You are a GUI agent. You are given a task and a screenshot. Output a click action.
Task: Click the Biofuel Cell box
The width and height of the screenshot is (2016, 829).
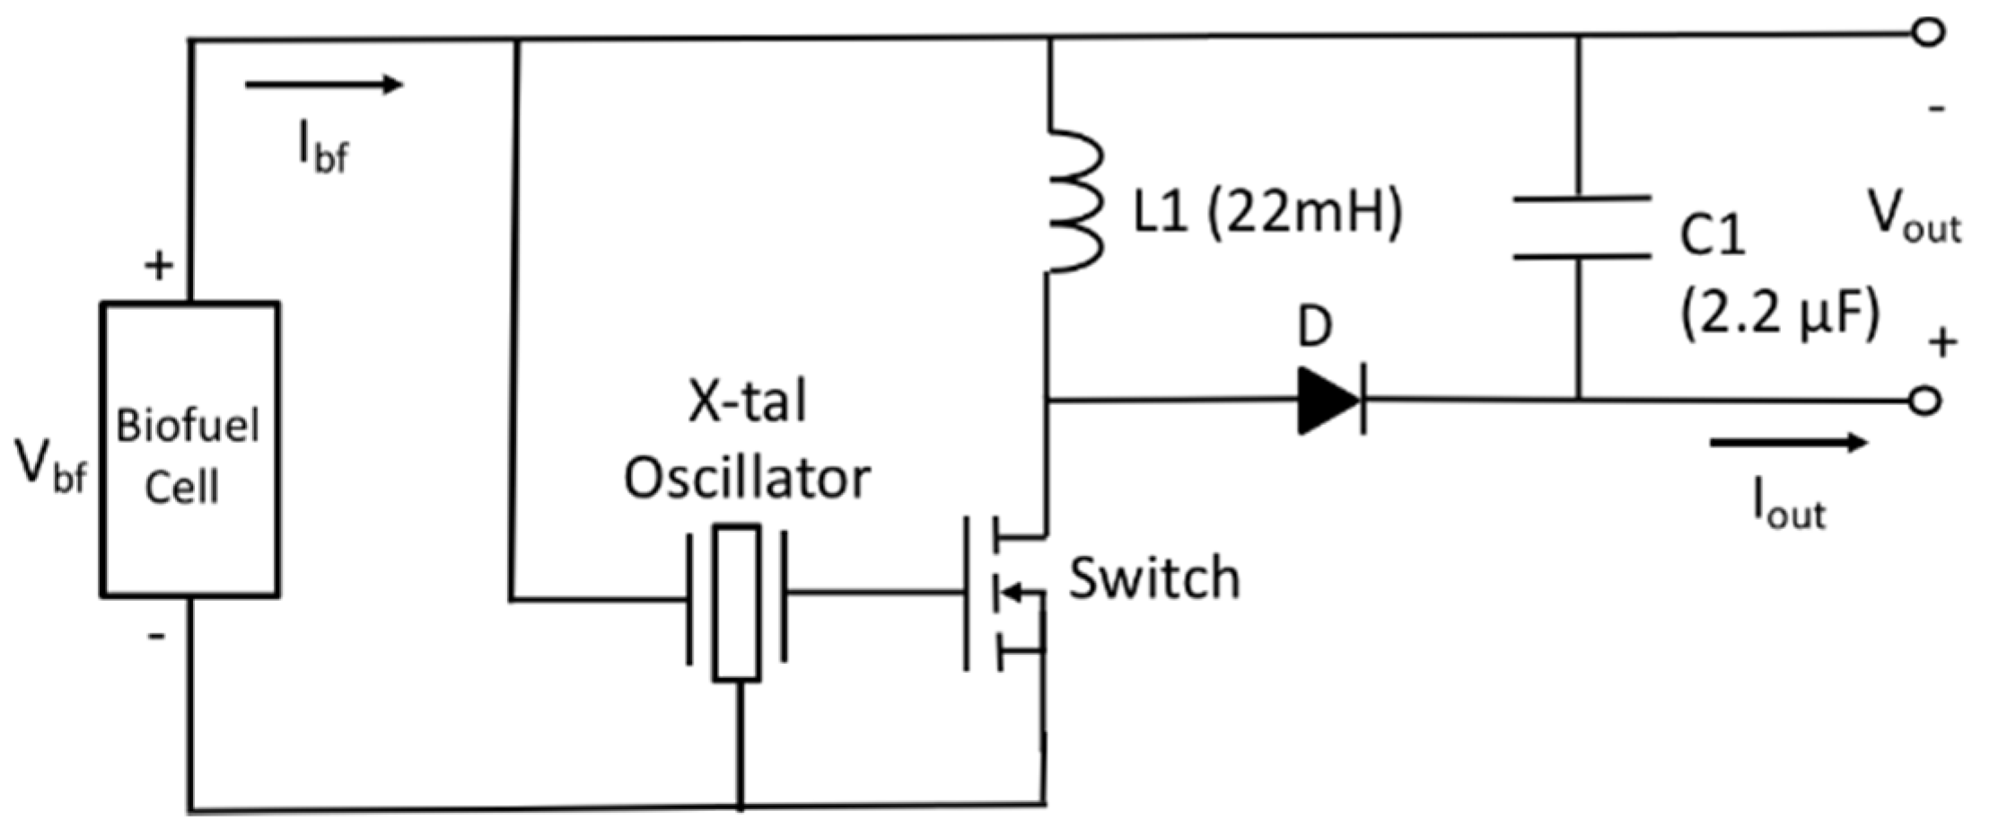[189, 449]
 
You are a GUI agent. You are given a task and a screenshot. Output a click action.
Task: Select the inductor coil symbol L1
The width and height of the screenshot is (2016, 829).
[1073, 202]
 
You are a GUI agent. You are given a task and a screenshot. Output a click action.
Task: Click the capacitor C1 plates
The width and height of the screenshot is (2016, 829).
[1580, 227]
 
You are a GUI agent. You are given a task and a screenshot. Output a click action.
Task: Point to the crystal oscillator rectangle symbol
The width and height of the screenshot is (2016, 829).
[737, 603]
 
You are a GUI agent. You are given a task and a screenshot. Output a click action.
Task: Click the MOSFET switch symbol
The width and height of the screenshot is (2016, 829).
[1001, 593]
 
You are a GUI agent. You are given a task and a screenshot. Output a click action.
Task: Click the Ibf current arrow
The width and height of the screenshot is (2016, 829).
[323, 85]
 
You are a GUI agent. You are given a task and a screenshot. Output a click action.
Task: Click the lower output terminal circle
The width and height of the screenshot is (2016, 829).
[1924, 401]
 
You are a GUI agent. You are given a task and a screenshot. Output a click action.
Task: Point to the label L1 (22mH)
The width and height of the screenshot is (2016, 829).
[1267, 214]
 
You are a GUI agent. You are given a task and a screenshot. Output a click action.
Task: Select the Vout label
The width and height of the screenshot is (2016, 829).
[1913, 218]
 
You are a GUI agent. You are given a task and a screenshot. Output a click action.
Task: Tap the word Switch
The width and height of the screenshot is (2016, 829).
[1154, 578]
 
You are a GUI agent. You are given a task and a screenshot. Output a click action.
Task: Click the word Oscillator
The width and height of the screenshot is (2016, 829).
[747, 479]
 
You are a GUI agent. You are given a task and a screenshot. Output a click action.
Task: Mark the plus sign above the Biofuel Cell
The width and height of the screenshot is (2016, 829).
[159, 266]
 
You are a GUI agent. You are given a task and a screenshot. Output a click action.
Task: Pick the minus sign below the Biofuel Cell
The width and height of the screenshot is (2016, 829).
[157, 637]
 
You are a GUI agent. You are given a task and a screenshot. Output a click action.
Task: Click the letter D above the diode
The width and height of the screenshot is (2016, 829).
[1315, 328]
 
